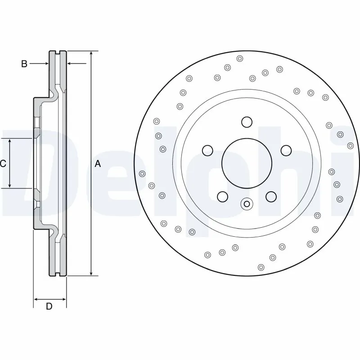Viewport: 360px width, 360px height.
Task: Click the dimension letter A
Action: click(98, 164)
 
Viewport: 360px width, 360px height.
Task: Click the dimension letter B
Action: click(24, 64)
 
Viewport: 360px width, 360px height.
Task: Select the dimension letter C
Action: click(3, 164)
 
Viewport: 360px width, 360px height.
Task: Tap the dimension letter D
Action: click(49, 307)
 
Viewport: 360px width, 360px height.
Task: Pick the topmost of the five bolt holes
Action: click(246, 122)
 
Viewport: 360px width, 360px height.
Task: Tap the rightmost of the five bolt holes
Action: click(285, 150)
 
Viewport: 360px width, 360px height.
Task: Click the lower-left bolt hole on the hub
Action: click(222, 196)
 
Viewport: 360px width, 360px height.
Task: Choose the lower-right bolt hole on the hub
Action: click(270, 196)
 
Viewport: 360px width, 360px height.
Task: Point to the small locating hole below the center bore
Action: click(246, 204)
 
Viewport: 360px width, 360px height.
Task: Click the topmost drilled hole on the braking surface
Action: click(239, 58)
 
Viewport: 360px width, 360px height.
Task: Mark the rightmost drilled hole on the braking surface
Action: click(351, 145)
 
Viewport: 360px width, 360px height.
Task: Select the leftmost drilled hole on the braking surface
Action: click(143, 174)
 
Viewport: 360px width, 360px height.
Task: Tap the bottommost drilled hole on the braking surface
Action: click(261, 267)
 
